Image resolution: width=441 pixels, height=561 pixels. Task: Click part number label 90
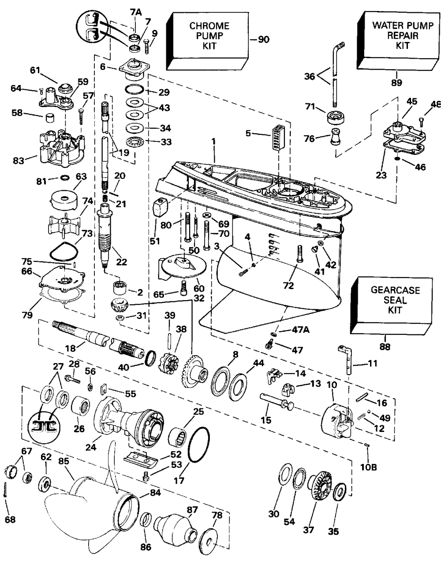pyautogui.click(x=263, y=40)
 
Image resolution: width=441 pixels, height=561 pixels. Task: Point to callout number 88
pyautogui.click(x=385, y=347)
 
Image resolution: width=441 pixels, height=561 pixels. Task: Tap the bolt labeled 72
pyautogui.click(x=299, y=254)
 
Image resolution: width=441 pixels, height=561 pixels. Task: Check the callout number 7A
pyautogui.click(x=135, y=13)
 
